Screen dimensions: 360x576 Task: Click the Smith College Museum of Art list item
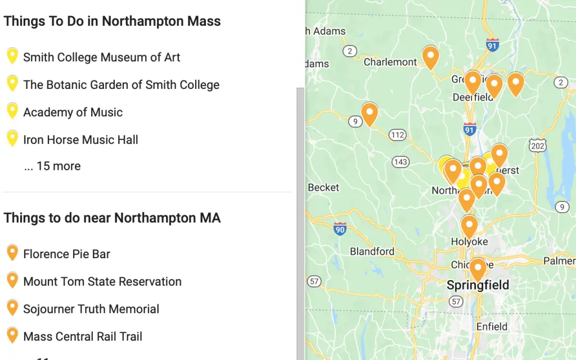[101, 57]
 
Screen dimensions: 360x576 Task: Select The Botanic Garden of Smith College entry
[121, 85]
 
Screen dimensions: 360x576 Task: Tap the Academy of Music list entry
[73, 112]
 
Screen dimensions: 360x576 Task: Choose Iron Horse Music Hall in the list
[80, 140]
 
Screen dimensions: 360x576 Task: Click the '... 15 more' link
[52, 166]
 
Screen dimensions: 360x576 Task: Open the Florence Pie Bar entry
[66, 254]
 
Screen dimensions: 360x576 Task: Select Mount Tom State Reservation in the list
[102, 282]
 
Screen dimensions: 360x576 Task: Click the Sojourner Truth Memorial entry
[91, 309]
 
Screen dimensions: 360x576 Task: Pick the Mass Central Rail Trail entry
[82, 337]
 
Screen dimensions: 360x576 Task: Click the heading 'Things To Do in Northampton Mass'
[112, 21]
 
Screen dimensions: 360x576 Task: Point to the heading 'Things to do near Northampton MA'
[112, 218]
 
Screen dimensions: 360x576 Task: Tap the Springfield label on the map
[478, 286]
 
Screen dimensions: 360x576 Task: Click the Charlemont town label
[390, 62]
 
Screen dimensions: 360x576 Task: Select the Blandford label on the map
[372, 251]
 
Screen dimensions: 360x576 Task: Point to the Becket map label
[323, 187]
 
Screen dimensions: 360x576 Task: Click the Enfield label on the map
[491, 327]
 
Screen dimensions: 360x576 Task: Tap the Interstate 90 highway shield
[339, 229]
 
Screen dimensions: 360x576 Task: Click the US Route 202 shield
[538, 145]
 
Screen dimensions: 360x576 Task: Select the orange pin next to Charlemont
[430, 57]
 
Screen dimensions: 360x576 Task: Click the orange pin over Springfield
[478, 268]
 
